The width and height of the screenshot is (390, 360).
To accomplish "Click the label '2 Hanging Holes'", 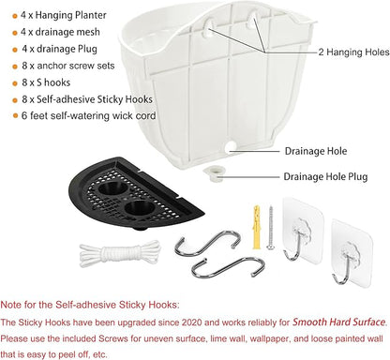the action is click(x=353, y=52).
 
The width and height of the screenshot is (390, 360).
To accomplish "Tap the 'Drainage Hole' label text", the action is click(x=316, y=151).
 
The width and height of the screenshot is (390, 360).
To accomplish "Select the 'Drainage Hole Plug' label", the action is click(x=325, y=177).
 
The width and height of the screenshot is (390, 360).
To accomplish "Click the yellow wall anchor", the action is click(x=257, y=227).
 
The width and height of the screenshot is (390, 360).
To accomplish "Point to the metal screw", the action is click(x=271, y=228).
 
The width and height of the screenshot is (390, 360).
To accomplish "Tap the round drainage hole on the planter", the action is click(x=231, y=148).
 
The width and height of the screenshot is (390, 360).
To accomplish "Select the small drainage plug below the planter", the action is click(x=214, y=173).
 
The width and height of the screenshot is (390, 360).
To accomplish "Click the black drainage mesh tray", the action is click(x=136, y=193).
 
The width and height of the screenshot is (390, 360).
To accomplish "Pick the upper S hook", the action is click(x=207, y=244).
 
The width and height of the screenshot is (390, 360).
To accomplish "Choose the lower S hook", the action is click(x=228, y=266).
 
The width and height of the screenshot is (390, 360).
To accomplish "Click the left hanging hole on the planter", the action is click(x=208, y=27).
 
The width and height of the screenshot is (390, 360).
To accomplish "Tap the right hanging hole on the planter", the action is click(x=252, y=20).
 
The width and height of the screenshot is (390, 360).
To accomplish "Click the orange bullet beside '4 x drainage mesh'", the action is click(x=15, y=33).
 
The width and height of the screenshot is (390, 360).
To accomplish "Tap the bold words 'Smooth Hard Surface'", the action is click(x=338, y=322).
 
